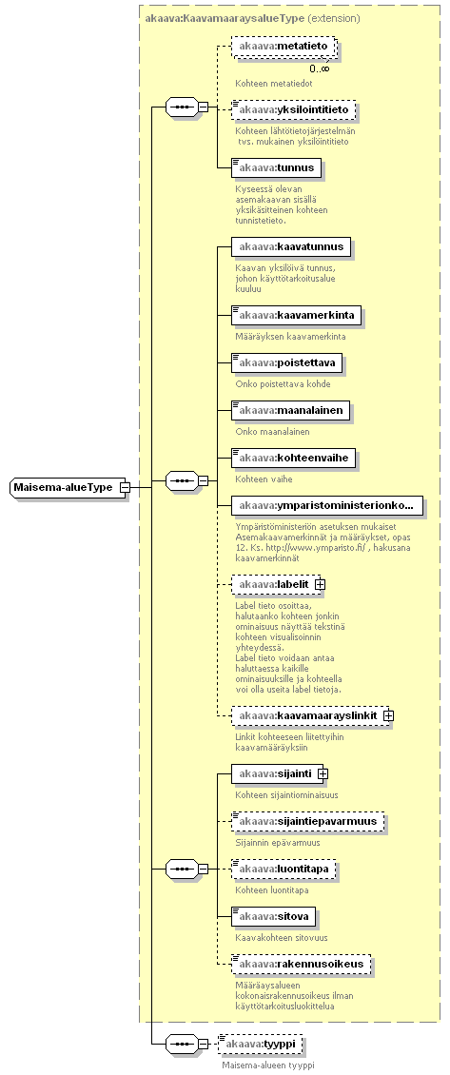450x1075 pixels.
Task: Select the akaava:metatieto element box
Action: click(284, 47)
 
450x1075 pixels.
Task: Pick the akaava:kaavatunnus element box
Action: click(291, 247)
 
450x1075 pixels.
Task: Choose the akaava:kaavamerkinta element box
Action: click(296, 316)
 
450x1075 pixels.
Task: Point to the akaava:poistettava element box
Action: click(286, 362)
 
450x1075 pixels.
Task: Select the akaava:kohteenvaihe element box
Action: click(294, 458)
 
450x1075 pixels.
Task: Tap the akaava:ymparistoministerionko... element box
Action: click(326, 506)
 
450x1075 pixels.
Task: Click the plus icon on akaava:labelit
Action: click(320, 584)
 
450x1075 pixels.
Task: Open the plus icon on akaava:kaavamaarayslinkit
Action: click(388, 715)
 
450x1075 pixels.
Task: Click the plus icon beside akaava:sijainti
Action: click(323, 774)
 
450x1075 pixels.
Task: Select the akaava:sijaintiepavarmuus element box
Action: click(308, 822)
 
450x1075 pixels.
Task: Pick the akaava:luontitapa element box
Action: click(284, 870)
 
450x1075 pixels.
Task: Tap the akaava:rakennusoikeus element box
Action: click(302, 964)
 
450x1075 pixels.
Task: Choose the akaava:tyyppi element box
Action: click(260, 1044)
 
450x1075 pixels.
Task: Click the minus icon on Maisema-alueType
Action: click(125, 487)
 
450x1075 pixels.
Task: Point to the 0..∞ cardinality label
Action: click(319, 68)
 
